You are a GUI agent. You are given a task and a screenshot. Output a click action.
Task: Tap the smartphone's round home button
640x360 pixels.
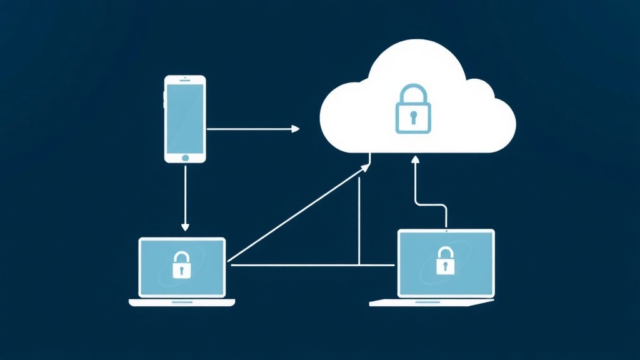tap(185, 156)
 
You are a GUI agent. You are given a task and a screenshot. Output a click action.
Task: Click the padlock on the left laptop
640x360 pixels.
tap(182, 265)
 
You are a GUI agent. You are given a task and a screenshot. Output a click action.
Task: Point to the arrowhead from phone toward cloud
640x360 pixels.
tap(296, 129)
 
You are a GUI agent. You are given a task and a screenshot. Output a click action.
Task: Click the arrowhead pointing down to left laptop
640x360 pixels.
tap(185, 226)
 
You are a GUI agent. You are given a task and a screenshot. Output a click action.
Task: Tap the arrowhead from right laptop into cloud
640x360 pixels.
tap(414, 160)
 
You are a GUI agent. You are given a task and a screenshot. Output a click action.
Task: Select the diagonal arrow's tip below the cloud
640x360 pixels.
tap(367, 167)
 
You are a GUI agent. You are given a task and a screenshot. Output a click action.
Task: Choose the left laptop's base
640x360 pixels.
tap(182, 302)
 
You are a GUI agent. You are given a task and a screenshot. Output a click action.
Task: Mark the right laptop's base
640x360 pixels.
tap(431, 302)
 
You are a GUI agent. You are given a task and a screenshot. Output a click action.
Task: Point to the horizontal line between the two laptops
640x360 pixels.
tap(312, 266)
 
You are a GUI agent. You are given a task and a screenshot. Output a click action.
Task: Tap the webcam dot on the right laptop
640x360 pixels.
tap(446, 232)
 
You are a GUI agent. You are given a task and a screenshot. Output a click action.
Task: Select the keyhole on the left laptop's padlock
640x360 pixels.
tap(182, 269)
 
